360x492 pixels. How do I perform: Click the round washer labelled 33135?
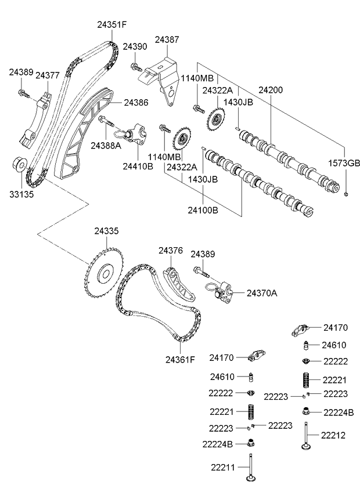18,165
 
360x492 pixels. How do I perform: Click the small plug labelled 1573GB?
347,194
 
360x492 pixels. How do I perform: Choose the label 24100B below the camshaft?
203,210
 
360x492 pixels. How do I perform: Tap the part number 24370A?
262,293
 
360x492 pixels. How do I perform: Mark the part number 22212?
334,434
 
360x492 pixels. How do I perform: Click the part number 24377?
48,75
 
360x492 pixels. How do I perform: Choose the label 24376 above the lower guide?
171,251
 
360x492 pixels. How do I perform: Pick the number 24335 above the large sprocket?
106,231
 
